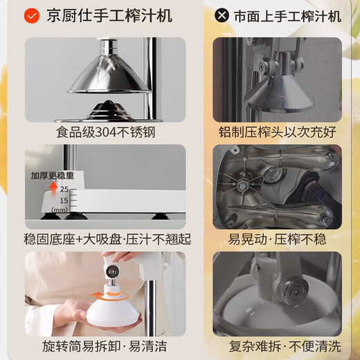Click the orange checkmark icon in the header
32,16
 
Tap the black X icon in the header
222,15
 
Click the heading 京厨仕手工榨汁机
109,16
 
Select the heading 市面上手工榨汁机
288,16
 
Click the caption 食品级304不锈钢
106,132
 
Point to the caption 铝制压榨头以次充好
277,132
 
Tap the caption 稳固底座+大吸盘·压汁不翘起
107,239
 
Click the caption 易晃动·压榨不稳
277,239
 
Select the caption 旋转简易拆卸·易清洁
105,346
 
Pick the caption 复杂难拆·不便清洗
285,346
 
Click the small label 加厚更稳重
53,176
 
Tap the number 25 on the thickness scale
64,190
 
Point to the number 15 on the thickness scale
64,201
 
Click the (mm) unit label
60,210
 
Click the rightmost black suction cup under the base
161,216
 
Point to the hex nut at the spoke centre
242,186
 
